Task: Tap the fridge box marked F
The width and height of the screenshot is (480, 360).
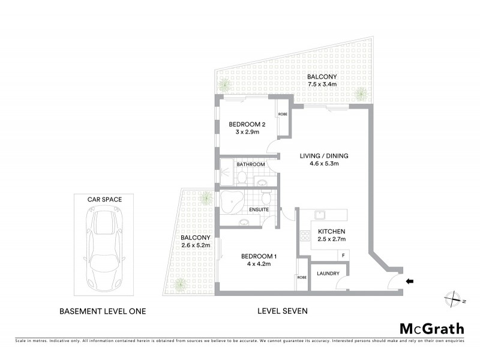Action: click(343, 255)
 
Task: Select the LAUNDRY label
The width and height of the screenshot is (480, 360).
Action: click(329, 274)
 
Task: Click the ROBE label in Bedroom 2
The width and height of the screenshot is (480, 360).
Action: click(282, 113)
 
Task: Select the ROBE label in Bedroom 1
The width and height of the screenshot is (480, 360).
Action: click(301, 278)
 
